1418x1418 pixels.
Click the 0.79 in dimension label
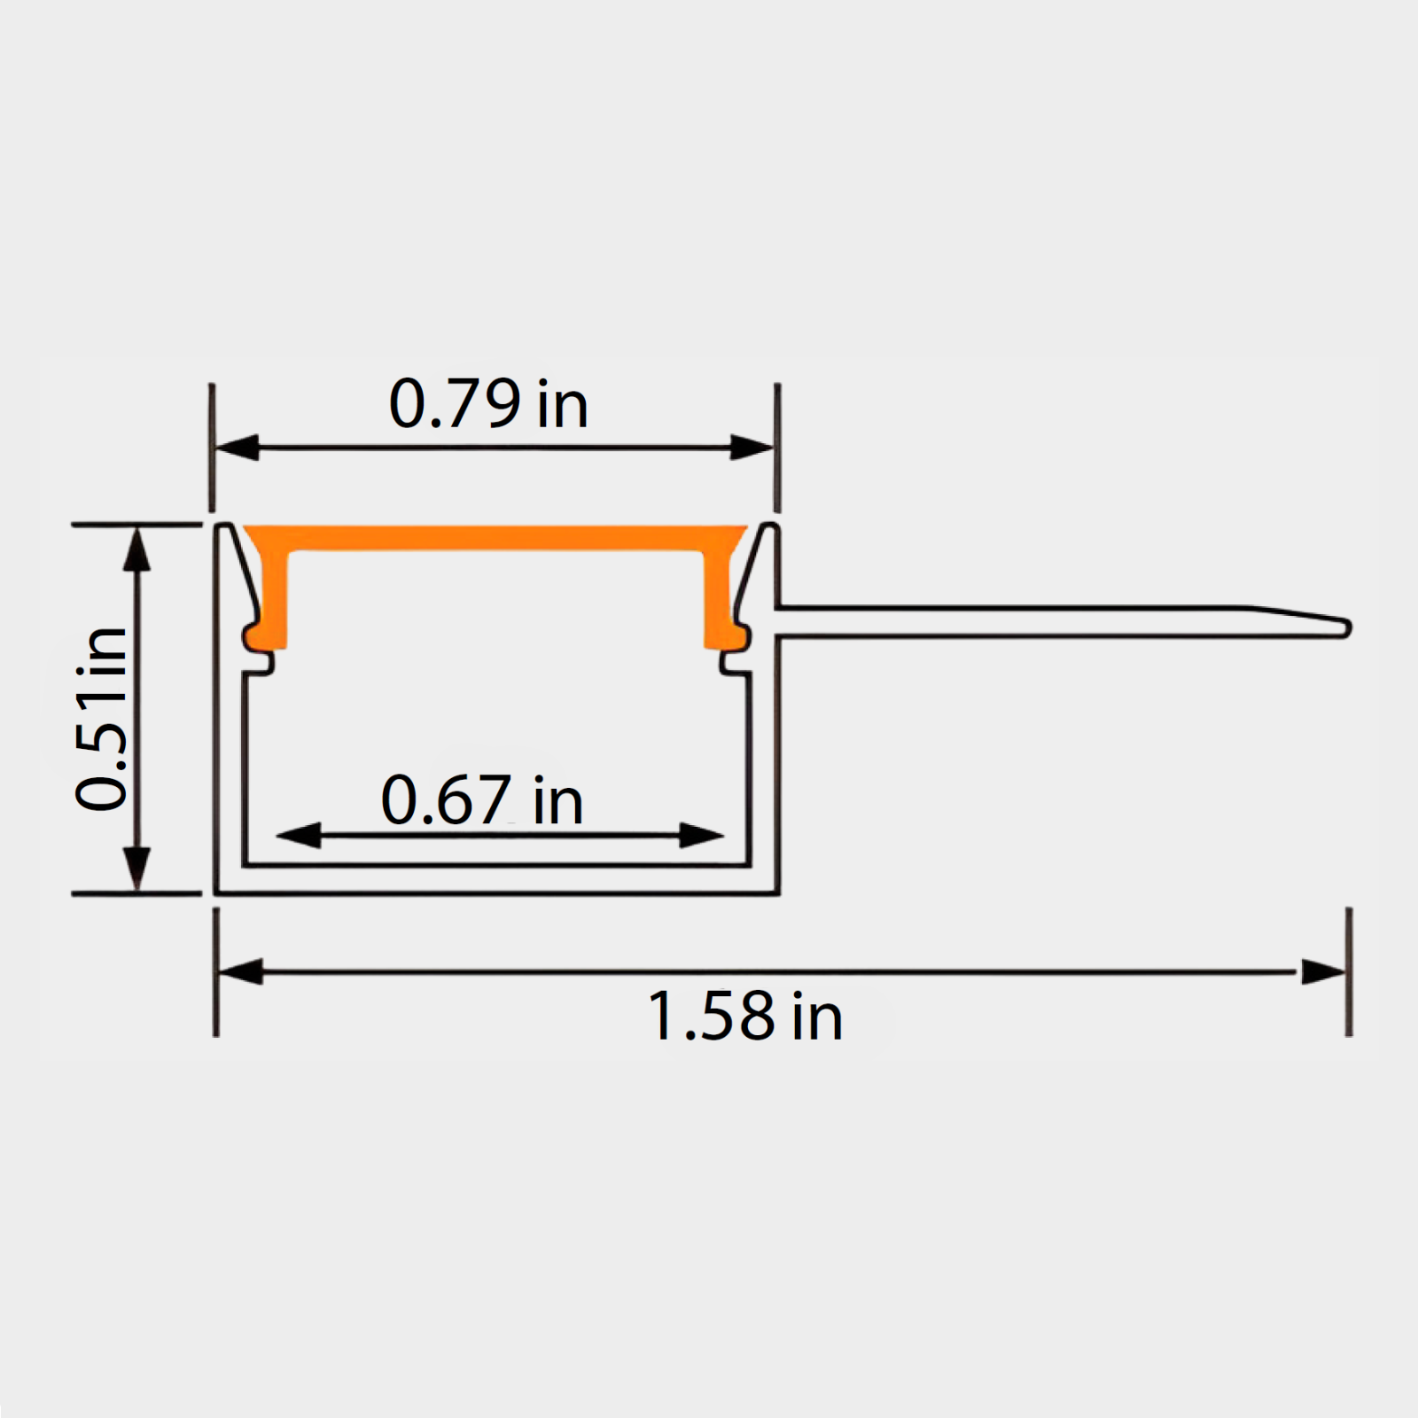click(488, 405)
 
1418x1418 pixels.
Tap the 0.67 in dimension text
click(481, 800)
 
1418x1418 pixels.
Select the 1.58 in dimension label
click(744, 1016)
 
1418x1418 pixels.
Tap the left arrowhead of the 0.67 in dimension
click(299, 835)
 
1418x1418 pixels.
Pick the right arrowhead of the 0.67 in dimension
click(701, 835)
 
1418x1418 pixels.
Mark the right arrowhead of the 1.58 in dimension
click(1323, 971)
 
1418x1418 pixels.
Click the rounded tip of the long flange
click(1344, 628)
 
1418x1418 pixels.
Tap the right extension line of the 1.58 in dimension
click(1349, 971)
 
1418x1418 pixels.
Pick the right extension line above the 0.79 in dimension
click(777, 448)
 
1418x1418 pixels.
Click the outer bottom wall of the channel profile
click(496, 892)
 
